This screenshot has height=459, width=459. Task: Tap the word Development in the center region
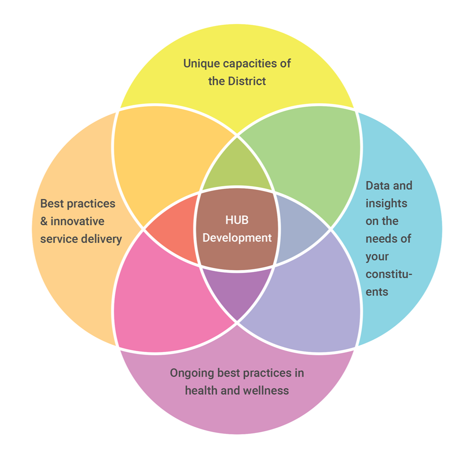237,238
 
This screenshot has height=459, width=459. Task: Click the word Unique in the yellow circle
202,63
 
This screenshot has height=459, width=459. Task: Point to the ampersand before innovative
44,221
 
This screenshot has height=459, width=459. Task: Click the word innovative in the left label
77,221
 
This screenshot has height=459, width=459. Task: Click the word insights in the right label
386,203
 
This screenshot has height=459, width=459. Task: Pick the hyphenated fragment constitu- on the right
389,274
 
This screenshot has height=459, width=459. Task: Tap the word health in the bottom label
200,390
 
